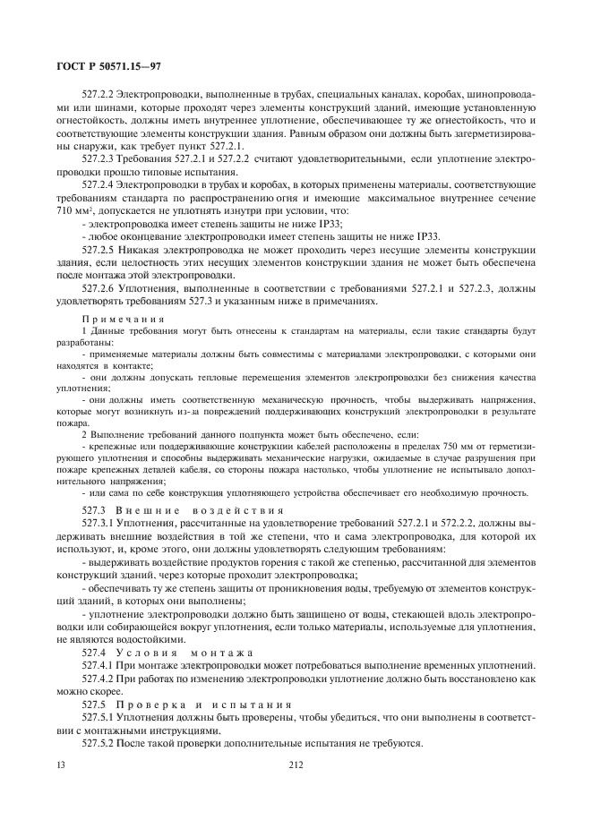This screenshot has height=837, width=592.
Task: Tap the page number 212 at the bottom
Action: (296, 764)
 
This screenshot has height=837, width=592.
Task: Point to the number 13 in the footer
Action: (61, 764)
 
